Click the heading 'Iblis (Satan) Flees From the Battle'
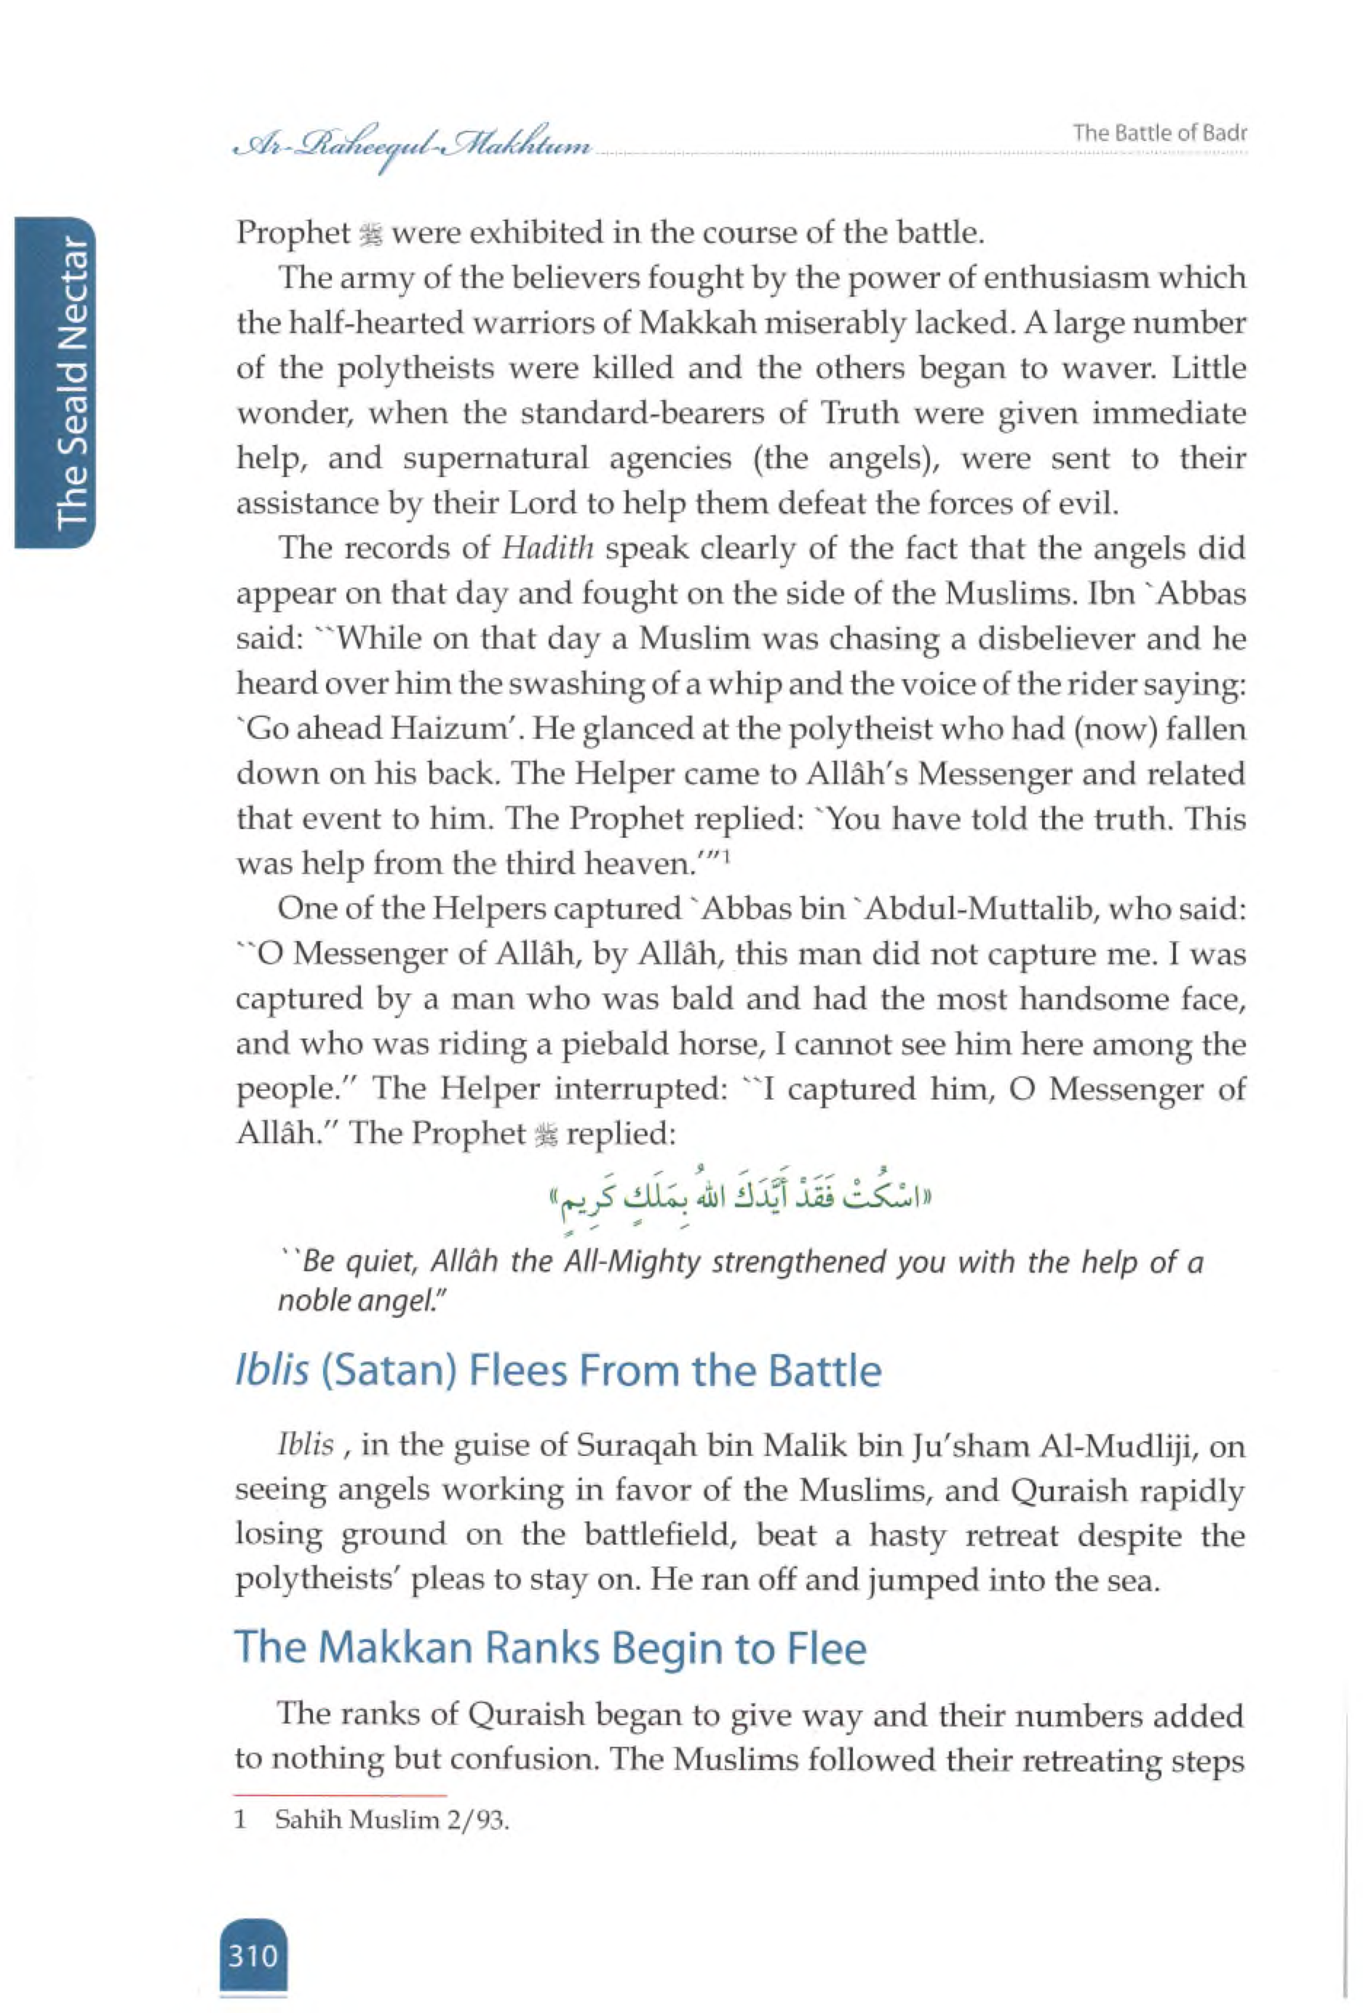558,1371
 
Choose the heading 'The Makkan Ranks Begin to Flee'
550,1646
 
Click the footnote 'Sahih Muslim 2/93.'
392,1820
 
